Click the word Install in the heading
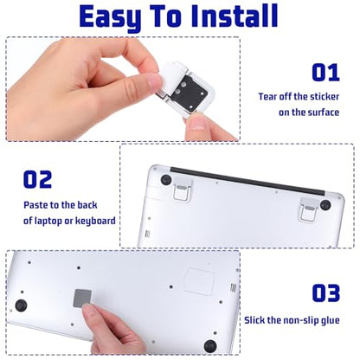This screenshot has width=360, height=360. point(235,16)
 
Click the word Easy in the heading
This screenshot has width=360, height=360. point(111,18)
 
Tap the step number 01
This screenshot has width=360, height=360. point(325,73)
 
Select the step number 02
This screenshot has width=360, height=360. point(37,179)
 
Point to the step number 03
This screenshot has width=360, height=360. point(326,293)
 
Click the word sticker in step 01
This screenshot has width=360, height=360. point(324,97)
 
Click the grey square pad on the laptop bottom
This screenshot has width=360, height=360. point(83,299)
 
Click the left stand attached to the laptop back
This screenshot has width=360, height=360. point(182,189)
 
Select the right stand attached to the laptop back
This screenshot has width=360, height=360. point(309,209)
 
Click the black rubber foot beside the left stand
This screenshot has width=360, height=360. point(166,179)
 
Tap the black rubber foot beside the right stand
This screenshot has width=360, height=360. point(325,204)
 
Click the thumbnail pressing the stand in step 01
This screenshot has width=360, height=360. point(198,122)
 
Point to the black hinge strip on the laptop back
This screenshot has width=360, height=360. point(247,181)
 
